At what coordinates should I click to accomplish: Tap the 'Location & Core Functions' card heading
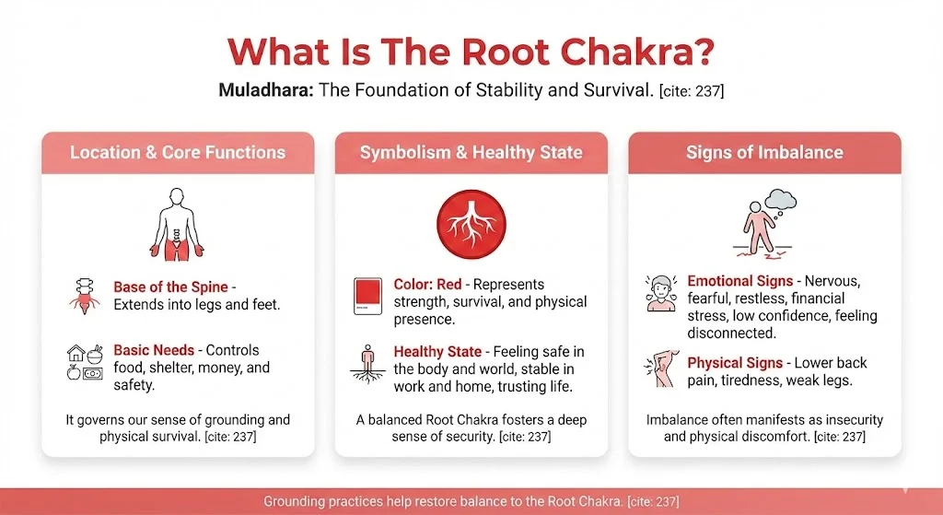click(x=178, y=152)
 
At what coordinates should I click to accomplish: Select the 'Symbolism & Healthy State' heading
click(x=471, y=152)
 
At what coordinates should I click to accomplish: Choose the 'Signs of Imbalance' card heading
click(x=764, y=152)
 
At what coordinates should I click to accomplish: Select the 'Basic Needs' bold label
click(x=154, y=350)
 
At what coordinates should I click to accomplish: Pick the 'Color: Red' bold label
click(x=427, y=284)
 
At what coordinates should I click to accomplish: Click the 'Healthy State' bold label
click(x=437, y=352)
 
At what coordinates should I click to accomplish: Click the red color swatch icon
click(x=367, y=298)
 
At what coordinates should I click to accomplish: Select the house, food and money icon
click(x=86, y=362)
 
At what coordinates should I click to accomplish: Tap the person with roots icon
click(x=367, y=363)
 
